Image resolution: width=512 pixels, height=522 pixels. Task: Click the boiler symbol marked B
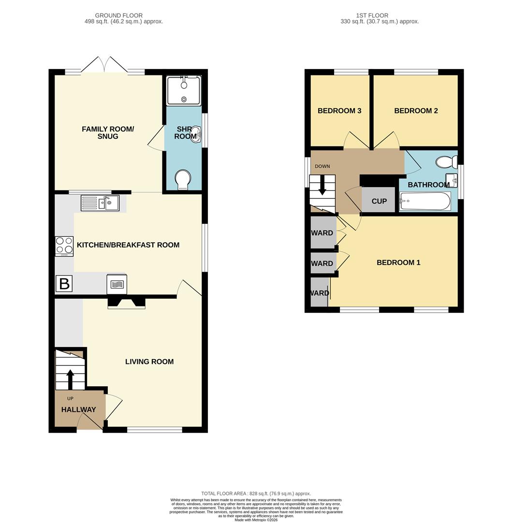point(64,284)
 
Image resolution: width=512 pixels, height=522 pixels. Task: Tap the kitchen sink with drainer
point(100,203)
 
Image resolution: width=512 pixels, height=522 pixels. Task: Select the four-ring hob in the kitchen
point(64,246)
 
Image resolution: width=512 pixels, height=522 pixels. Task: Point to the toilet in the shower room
point(183,180)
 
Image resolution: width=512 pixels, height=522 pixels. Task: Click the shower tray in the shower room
point(184,90)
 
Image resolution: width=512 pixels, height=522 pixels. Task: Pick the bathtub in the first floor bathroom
point(425,201)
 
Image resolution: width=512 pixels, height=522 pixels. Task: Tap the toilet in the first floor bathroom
point(447,162)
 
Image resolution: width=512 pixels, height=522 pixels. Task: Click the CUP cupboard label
point(379,201)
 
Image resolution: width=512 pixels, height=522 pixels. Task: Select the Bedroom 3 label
point(339,111)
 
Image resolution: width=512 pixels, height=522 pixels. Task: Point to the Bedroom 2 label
point(416,111)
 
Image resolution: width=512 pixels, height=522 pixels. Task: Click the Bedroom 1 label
point(398,262)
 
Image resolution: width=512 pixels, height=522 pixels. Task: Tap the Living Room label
point(149,362)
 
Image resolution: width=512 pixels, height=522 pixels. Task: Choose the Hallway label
point(78,409)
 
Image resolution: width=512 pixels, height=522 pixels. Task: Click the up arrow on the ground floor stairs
point(70,379)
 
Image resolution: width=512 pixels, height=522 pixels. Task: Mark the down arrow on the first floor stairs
point(322,186)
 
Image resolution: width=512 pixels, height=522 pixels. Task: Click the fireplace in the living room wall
point(127,303)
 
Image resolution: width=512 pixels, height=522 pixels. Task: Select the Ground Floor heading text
point(119,15)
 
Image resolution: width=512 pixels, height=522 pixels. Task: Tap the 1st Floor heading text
point(372,15)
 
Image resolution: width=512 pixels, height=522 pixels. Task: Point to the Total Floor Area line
point(256,493)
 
